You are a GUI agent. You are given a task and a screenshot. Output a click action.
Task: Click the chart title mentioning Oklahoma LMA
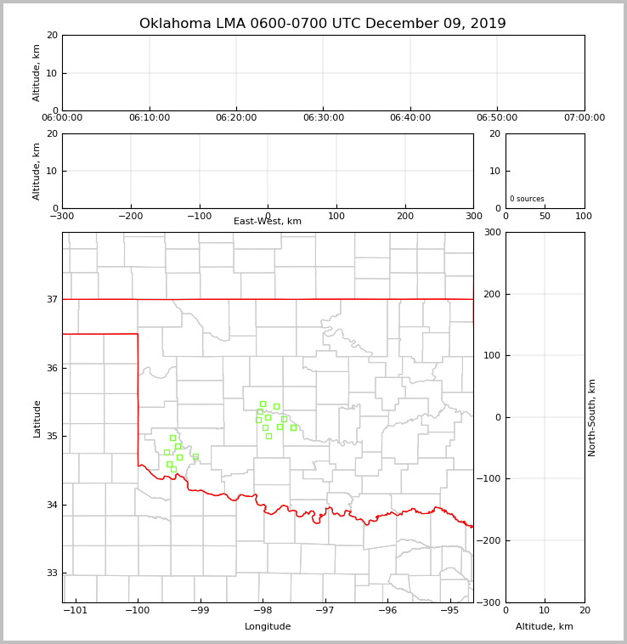pos(322,24)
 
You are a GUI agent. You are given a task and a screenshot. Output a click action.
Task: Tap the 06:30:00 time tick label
pos(323,118)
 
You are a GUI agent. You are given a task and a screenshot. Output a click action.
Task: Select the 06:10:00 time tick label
pos(150,118)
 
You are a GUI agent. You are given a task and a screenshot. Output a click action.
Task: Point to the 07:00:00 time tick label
pos(584,118)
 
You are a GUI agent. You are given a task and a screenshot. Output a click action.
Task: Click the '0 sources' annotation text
pos(527,199)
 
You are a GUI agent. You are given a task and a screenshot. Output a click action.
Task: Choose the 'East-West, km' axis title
pos(268,222)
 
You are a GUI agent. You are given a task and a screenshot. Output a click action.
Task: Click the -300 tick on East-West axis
pos(62,216)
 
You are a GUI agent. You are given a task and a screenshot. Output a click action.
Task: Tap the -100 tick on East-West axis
pos(199,216)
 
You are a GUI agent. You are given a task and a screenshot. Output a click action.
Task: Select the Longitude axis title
pos(268,627)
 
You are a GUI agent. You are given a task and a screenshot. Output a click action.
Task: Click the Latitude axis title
pos(37,418)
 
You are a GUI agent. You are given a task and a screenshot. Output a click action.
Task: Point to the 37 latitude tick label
pos(52,299)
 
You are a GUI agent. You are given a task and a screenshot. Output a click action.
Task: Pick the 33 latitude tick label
pos(52,573)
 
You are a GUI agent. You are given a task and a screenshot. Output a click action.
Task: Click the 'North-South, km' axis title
pos(593,417)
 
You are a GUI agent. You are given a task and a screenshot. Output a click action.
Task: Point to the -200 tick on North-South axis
pos(490,540)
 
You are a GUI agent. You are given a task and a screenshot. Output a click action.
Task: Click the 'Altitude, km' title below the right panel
pos(545,627)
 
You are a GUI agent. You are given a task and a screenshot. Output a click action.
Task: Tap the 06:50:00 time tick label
pos(497,118)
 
